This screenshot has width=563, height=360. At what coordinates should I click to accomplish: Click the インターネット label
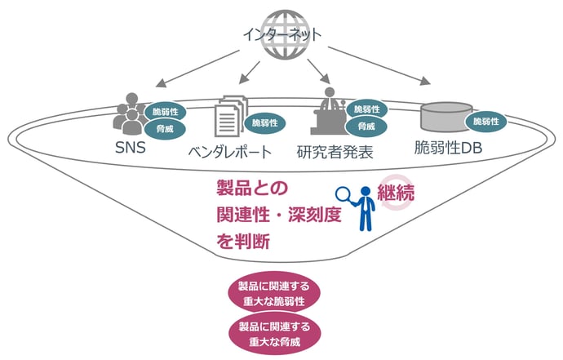281,35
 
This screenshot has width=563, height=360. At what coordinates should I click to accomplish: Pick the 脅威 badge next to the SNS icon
165,128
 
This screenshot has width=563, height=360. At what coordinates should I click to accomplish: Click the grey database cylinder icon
445,117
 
